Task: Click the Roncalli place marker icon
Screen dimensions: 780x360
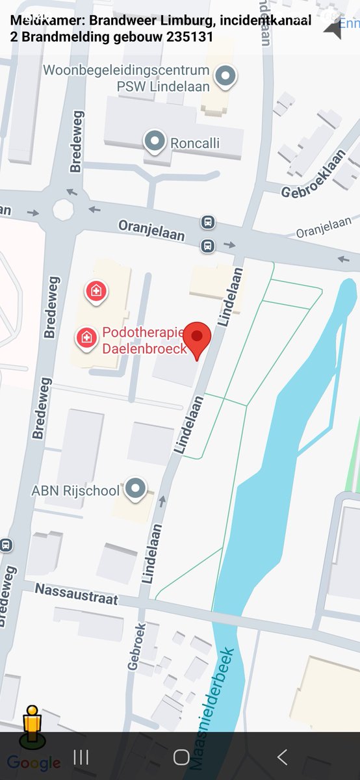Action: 155,141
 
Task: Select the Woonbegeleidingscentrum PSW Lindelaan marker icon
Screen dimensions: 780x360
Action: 225,76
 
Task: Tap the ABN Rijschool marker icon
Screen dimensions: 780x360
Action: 135,487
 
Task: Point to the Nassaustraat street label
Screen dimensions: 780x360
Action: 77,593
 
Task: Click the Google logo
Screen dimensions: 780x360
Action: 34,763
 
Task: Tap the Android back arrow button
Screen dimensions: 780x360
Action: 282,757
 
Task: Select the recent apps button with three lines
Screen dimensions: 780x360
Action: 81,757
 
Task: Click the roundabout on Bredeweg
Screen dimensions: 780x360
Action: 63,209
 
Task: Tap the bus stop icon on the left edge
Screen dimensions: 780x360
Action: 6,544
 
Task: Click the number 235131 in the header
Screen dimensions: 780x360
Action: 190,36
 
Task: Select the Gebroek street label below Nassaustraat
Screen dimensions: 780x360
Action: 135,646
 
